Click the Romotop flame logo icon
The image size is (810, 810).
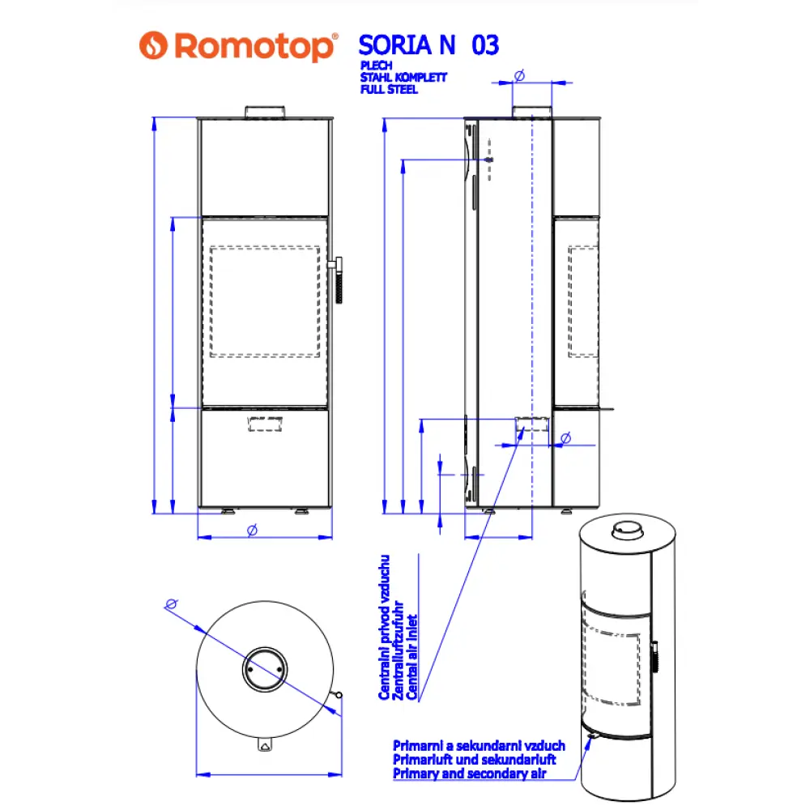tap(154, 46)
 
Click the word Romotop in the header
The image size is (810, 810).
tap(254, 46)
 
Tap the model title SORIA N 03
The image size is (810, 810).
tap(428, 45)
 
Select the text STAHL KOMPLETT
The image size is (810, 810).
tap(403, 79)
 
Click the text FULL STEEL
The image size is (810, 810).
tap(389, 90)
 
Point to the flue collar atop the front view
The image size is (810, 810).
tap(265, 112)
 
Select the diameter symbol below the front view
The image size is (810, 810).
tap(252, 529)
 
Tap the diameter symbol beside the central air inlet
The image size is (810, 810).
tap(565, 437)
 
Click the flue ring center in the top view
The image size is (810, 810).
tap(264, 668)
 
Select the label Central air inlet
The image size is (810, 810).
tap(411, 657)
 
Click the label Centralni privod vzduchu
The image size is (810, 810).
tap(386, 627)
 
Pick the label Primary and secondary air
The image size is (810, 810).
tap(470, 774)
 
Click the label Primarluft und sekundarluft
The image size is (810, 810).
tap(474, 760)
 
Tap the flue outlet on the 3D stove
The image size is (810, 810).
tap(625, 531)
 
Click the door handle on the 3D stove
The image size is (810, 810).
tap(654, 655)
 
